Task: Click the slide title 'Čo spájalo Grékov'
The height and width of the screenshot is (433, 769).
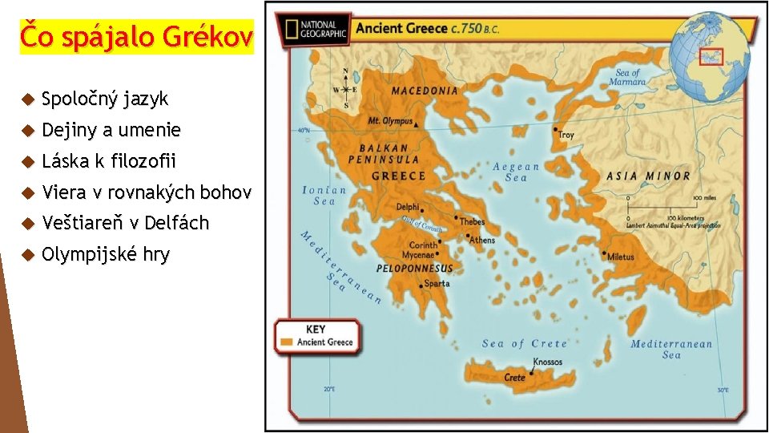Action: tap(136, 37)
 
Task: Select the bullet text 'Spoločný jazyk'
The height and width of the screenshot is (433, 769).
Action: tap(105, 99)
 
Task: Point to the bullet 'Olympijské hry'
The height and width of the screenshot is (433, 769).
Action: tap(105, 255)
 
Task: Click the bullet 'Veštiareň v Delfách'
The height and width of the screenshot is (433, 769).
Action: tap(125, 223)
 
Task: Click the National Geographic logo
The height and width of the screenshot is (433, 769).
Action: tap(315, 29)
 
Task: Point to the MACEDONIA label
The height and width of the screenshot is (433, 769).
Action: tap(425, 91)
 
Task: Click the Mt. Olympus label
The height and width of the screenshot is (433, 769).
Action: tap(390, 121)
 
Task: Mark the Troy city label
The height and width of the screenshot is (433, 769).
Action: tap(566, 135)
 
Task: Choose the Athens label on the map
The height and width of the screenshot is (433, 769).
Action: tap(482, 240)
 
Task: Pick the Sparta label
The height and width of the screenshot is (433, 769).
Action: tap(437, 283)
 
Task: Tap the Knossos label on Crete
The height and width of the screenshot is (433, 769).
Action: tap(547, 362)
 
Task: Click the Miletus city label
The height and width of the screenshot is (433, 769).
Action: tap(620, 257)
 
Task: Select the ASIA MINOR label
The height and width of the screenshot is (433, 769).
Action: tap(649, 176)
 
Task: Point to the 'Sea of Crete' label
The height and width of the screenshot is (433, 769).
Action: tap(525, 343)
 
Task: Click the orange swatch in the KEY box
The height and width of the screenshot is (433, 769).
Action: tap(287, 342)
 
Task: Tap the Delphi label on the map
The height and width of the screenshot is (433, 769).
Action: tap(407, 207)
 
